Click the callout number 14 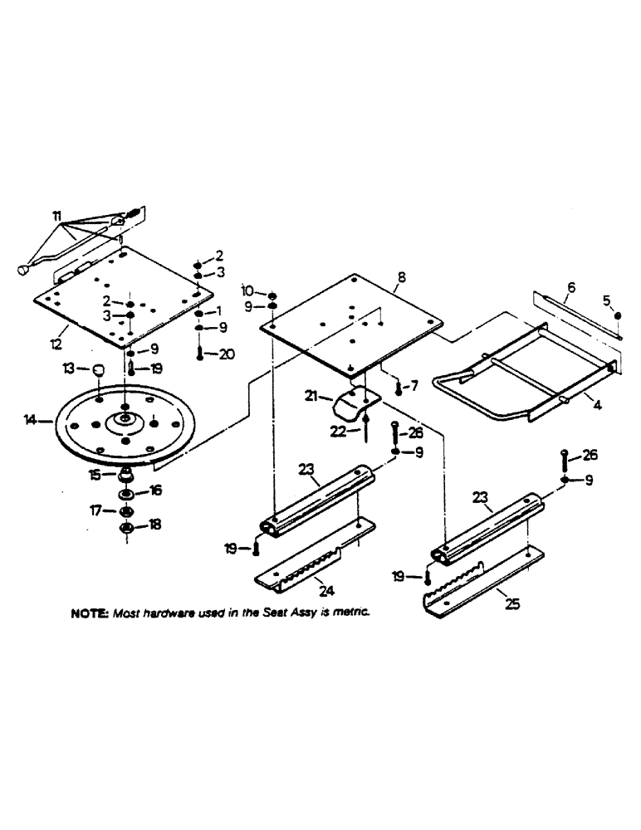pos(31,422)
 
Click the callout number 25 pos(513,604)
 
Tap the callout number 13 pos(71,368)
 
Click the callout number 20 pos(226,354)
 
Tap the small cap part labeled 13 pos(99,369)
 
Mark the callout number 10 pos(247,291)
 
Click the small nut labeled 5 pos(619,315)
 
